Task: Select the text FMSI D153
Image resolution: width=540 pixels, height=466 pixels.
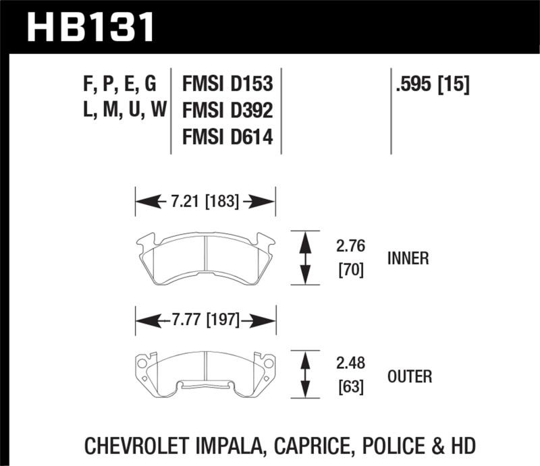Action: [227, 84]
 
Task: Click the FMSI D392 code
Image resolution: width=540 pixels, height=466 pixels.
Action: [227, 110]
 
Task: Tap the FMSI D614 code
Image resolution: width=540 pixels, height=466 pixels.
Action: [227, 137]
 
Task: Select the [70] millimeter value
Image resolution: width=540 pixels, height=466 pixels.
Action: [349, 271]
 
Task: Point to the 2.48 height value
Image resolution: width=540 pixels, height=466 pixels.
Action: [349, 364]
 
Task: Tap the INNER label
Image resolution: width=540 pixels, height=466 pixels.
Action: [409, 259]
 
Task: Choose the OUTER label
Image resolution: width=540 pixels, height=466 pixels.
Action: [410, 376]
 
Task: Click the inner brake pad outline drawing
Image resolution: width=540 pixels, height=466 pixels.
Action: [206, 257]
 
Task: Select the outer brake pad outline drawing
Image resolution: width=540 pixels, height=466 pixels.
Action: [206, 375]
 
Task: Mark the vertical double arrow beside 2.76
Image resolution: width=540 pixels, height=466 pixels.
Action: [305, 258]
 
